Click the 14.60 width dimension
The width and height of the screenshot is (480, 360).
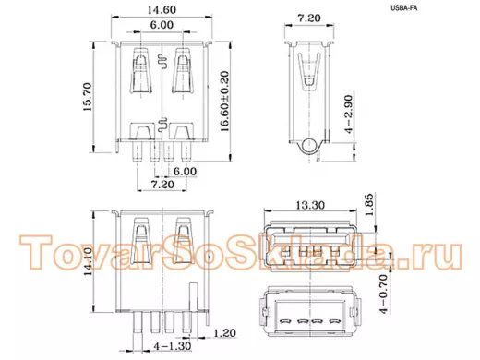click(x=162, y=10)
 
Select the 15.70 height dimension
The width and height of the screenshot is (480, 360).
click(x=87, y=97)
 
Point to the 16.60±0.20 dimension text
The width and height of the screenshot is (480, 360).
click(x=225, y=102)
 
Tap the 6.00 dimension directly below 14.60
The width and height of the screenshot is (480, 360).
click(x=162, y=25)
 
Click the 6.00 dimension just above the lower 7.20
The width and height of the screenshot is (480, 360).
click(x=185, y=172)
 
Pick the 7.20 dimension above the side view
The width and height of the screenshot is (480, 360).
click(x=309, y=18)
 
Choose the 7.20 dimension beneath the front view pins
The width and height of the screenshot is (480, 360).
click(x=162, y=185)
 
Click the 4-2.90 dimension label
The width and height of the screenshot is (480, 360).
click(x=349, y=114)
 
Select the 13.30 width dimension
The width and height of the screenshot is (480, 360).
click(x=310, y=205)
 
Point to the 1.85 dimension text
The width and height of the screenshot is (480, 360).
click(x=369, y=205)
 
